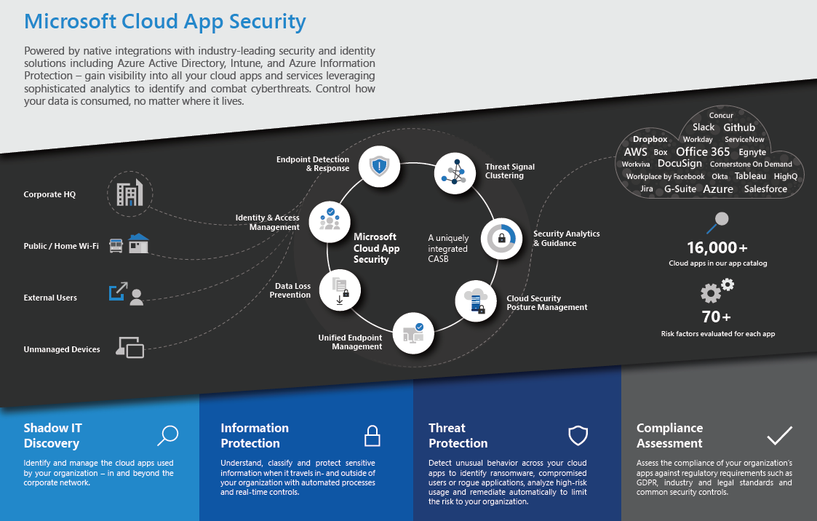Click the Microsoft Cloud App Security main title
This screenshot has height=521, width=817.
(165, 22)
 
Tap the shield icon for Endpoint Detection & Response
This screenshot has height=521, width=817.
(379, 167)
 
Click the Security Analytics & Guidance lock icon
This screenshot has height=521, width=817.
(501, 239)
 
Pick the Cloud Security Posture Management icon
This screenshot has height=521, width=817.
(476, 301)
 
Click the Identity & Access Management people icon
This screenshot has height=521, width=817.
(330, 221)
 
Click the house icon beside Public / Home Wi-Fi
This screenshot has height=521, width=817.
(138, 244)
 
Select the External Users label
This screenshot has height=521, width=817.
(50, 298)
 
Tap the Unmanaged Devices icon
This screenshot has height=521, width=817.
(130, 347)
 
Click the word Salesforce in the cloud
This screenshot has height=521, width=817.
(765, 189)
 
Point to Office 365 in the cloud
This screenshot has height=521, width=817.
(702, 151)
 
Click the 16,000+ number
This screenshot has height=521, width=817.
(717, 247)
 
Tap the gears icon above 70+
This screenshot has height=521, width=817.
(717, 290)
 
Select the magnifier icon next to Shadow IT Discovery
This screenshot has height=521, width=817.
(168, 435)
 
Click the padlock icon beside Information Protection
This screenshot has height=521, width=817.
(372, 435)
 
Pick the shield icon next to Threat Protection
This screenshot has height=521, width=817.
(578, 435)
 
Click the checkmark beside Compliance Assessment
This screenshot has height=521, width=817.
(779, 435)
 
